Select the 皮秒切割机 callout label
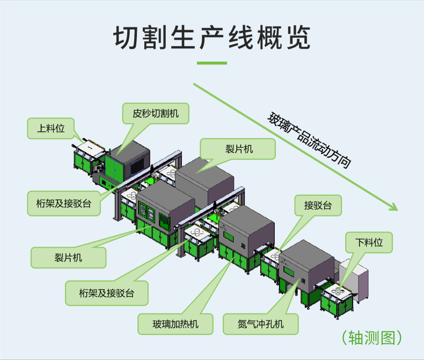point(156,113)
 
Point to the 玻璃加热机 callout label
point(176,323)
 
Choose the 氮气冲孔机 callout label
point(261,323)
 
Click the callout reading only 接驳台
point(318,205)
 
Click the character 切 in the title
point(125,37)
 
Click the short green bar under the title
point(211,63)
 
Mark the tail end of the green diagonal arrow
point(195,84)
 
